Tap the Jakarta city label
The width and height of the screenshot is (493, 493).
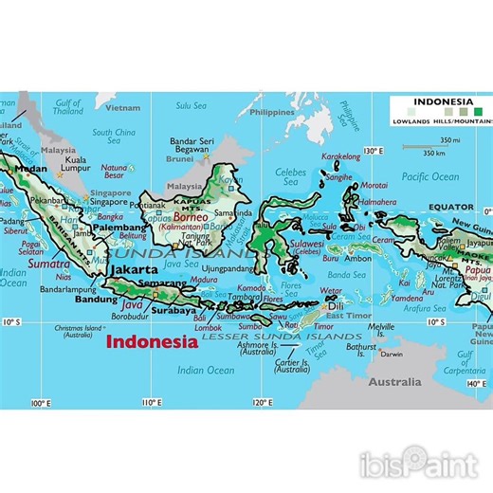[x=135, y=269]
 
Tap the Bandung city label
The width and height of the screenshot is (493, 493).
[x=97, y=300]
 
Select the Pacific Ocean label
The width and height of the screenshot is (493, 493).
[x=429, y=176]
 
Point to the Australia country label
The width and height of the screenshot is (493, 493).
[x=395, y=382]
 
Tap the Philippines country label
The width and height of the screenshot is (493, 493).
[x=275, y=112]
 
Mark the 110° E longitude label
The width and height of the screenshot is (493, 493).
[x=150, y=403]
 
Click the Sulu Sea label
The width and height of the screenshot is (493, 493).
[x=192, y=106]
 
